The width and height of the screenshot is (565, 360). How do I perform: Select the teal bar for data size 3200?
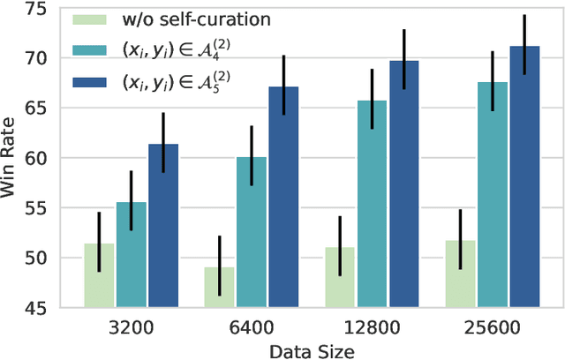131,256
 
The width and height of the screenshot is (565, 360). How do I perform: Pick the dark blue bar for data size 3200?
162,227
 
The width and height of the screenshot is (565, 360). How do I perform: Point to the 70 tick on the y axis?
46,58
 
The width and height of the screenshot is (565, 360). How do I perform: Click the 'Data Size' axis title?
312,349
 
